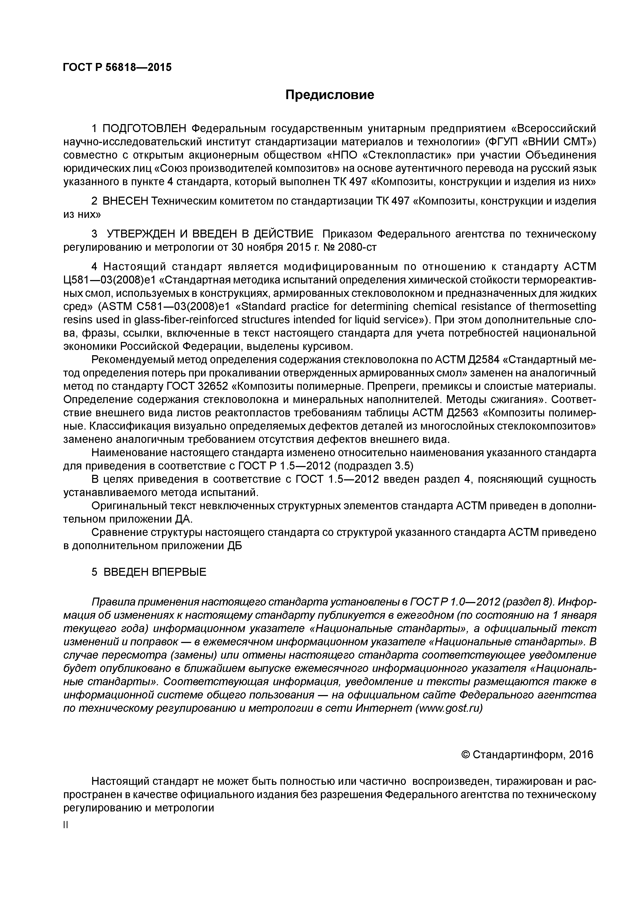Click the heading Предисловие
tap(330, 95)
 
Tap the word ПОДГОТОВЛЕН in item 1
tap(144, 129)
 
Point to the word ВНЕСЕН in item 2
tap(125, 201)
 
